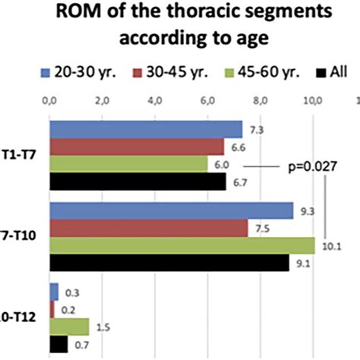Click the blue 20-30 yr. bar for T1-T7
[x=146, y=129]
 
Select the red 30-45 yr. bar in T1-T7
[x=137, y=147]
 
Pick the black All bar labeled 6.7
[x=137, y=182]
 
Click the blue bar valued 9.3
[x=172, y=210]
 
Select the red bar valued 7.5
[x=148, y=228]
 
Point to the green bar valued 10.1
[x=182, y=245]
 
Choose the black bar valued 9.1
[x=169, y=263]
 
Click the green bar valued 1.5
[x=69, y=327]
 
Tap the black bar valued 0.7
[x=58, y=344]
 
